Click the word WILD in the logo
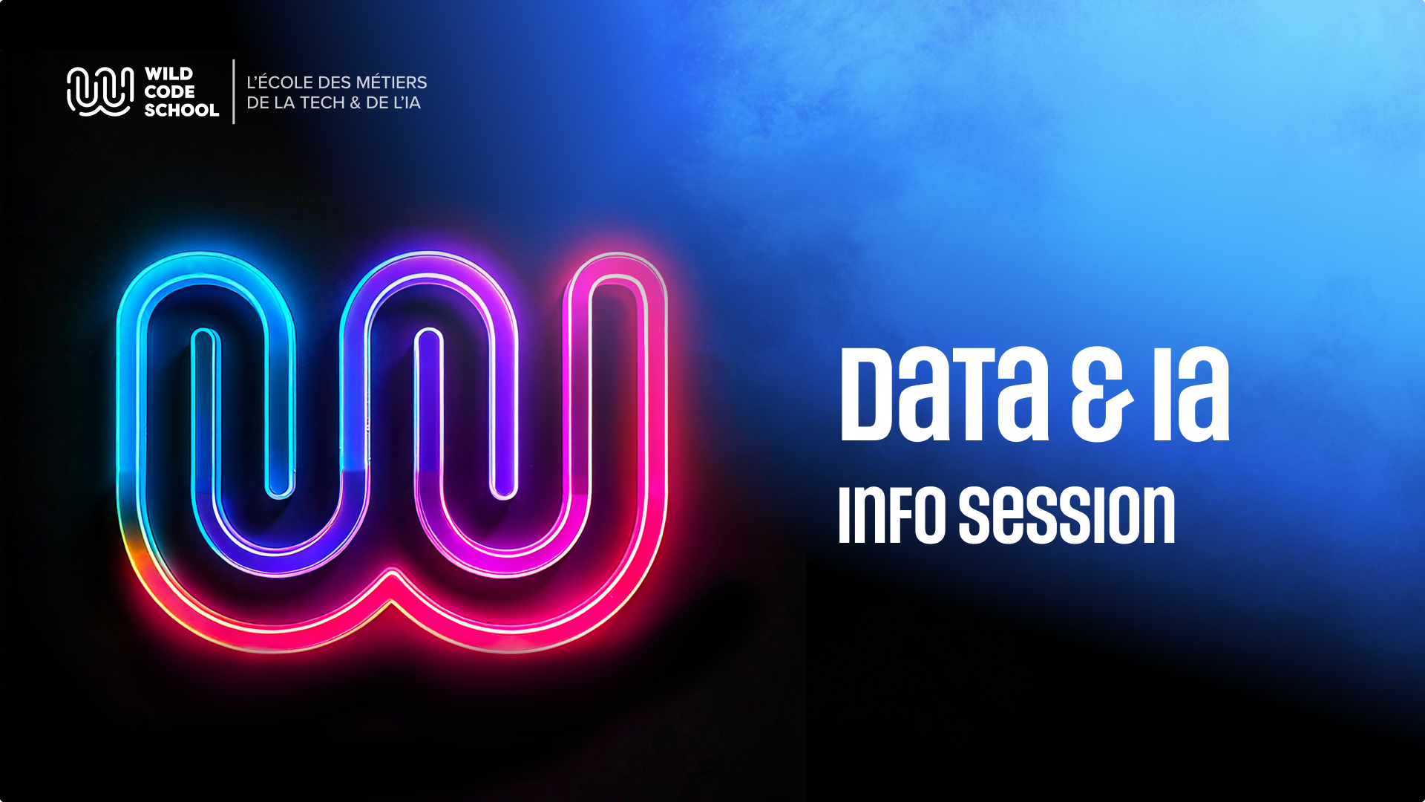(168, 74)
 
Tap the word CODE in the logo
(169, 92)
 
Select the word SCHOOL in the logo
(181, 110)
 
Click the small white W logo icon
(100, 91)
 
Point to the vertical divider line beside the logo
(234, 91)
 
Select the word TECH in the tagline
(322, 103)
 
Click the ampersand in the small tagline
(355, 103)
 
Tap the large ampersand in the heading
(1101, 395)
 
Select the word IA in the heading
(1190, 395)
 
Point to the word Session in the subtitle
(1067, 515)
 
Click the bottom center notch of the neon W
(391, 587)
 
